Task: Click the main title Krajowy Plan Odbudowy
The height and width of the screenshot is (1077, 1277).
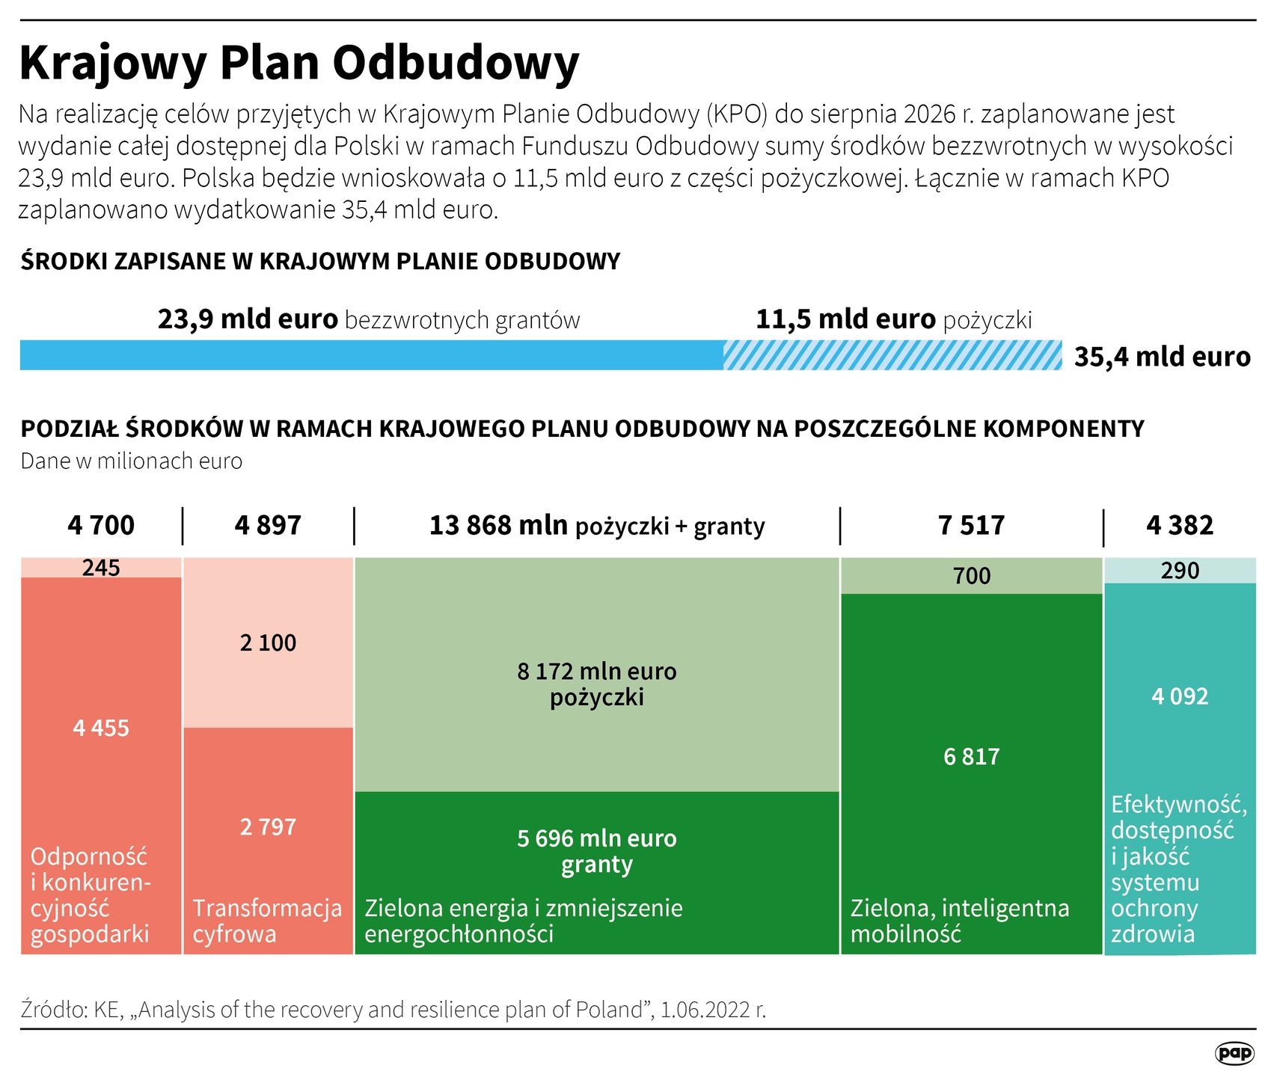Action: coord(299,64)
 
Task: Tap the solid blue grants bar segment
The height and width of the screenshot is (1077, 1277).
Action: coord(371,355)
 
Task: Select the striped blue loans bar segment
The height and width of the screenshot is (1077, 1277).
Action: coord(892,355)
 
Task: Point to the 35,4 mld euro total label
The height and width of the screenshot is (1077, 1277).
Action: coord(1162,358)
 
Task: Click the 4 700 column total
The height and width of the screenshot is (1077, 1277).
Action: coord(101,526)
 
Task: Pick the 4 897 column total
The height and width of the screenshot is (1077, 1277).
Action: coord(268,526)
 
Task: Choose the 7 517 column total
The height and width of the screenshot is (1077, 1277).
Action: coord(971,526)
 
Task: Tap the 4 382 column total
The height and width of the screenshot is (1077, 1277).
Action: coord(1180,526)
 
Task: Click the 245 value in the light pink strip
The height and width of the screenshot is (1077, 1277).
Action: coord(101,568)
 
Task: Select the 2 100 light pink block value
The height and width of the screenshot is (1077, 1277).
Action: coord(268,643)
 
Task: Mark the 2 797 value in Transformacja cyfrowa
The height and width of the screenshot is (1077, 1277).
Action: coord(268,827)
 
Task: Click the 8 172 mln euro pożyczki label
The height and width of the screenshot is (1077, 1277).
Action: coord(596,684)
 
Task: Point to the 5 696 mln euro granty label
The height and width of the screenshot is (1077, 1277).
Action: coord(596,851)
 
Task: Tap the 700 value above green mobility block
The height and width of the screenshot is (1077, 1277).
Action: coord(971,576)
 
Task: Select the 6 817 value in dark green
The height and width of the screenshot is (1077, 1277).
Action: coord(971,757)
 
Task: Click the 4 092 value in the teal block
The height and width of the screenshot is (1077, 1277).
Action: coord(1180,697)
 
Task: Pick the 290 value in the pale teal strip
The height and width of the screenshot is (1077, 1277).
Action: coord(1180,571)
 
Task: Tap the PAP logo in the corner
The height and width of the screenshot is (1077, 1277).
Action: coord(1234,1053)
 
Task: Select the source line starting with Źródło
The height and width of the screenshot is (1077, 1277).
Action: coord(393,1010)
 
